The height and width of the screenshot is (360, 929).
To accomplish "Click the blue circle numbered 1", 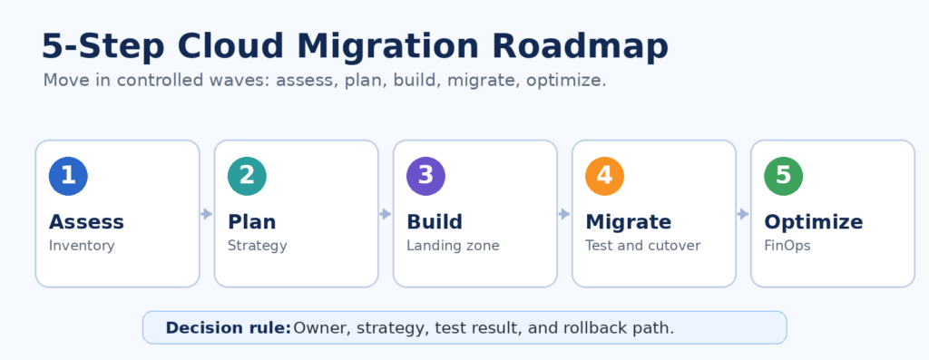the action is pos(68,176).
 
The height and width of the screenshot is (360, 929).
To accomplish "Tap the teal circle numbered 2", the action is pos(247,176).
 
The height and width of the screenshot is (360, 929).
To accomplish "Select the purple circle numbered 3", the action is pos(426,176).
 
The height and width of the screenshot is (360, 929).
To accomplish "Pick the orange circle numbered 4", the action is pos(605,176).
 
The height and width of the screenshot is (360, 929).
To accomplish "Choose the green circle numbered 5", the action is pos(784,176).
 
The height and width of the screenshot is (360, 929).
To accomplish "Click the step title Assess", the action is pos(86,222).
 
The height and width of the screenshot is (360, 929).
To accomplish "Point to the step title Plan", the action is pos(252,222).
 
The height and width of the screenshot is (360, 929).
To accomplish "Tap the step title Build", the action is pos(435,222).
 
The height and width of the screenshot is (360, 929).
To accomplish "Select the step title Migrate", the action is pos(629,223).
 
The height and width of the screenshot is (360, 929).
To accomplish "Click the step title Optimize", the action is pos(814,223).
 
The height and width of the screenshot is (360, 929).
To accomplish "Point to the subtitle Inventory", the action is pos(82,246).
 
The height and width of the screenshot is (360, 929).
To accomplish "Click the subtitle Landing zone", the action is pos(454,246).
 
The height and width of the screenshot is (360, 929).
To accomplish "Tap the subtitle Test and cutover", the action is pos(643,246).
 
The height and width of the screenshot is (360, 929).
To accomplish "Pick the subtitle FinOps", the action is pos(787,246).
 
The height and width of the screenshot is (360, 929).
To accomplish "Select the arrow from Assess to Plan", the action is pos(207,214).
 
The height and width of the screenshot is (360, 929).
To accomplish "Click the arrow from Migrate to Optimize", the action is pos(744,214).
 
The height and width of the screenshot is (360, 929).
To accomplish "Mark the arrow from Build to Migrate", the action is pos(564,214).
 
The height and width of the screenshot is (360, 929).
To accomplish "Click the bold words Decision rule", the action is pos(229,327).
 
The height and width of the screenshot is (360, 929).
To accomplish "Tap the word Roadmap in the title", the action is pos(580,47).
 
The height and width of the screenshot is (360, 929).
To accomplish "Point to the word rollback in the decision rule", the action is pos(581,327).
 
